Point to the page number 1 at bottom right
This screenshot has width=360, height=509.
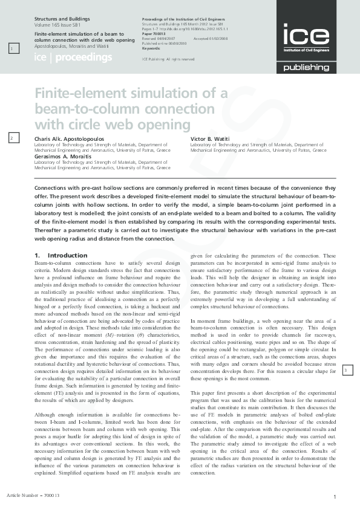335,497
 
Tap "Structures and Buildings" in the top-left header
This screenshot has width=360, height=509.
57,20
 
